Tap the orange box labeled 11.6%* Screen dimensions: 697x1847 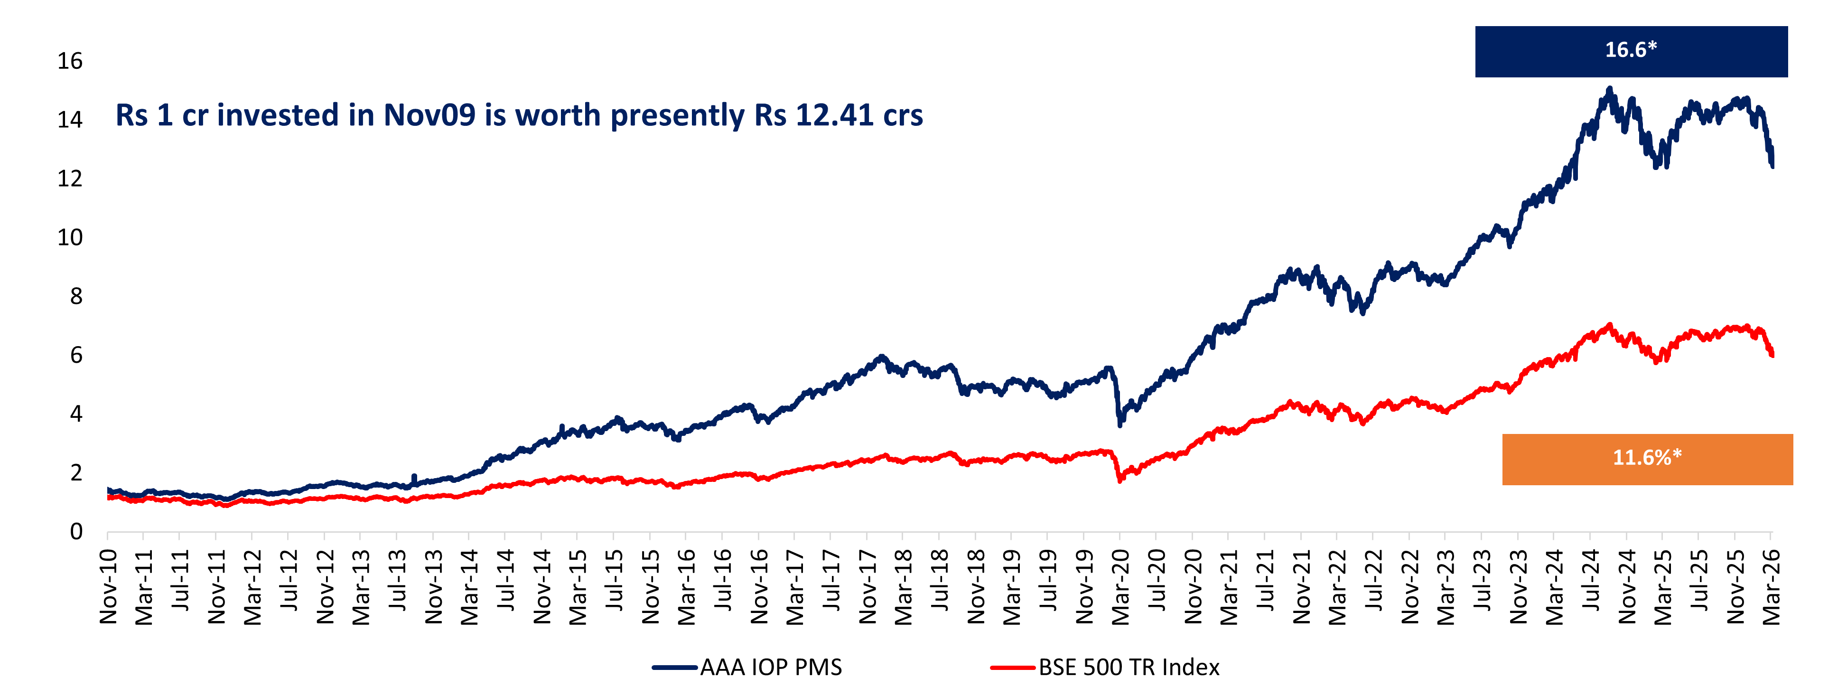1647,459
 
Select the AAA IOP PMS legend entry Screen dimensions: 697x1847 747,667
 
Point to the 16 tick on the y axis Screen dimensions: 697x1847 70,61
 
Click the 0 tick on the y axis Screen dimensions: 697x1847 76,531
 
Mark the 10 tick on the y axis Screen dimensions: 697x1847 70,237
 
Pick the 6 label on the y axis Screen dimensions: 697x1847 76,355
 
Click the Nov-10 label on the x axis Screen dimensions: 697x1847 108,586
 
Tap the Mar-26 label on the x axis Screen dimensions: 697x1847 1771,586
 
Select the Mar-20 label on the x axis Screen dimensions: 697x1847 1120,586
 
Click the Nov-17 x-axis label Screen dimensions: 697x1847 867,586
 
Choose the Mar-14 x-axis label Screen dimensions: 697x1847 469,586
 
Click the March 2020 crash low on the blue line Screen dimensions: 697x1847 1120,424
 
